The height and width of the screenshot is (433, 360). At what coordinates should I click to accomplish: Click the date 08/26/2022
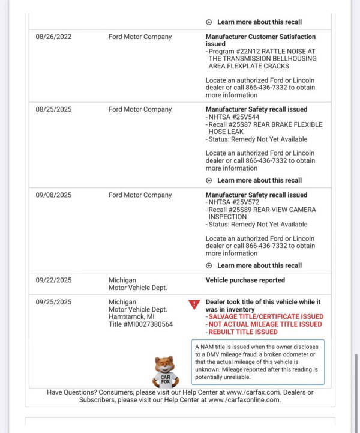[x=53, y=37]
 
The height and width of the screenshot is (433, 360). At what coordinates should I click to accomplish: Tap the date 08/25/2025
[x=53, y=110]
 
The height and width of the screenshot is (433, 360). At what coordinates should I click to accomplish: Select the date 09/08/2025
[x=53, y=195]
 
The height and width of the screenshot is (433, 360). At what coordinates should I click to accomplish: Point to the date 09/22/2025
[x=53, y=280]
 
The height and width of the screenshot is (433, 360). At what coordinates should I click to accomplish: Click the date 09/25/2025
[x=53, y=302]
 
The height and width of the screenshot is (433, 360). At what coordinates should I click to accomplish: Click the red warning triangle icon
[x=194, y=304]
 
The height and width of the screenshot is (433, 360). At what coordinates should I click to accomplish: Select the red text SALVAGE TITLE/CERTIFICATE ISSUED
[x=266, y=316]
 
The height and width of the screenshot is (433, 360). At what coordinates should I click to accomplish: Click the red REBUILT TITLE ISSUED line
[x=243, y=332]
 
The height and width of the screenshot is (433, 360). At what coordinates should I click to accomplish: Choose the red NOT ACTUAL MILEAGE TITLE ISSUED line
[x=265, y=324]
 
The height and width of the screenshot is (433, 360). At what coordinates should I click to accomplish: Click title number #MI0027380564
[x=140, y=324]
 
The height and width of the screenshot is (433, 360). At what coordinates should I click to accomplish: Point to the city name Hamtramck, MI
[x=131, y=317]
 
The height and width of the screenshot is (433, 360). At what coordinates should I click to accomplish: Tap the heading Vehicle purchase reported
[x=245, y=280]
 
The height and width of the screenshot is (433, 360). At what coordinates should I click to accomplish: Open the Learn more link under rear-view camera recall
[x=259, y=265]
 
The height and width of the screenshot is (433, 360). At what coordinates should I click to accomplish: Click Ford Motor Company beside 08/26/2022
[x=140, y=37]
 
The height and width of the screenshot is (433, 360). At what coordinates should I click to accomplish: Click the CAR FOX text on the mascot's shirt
[x=165, y=379]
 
